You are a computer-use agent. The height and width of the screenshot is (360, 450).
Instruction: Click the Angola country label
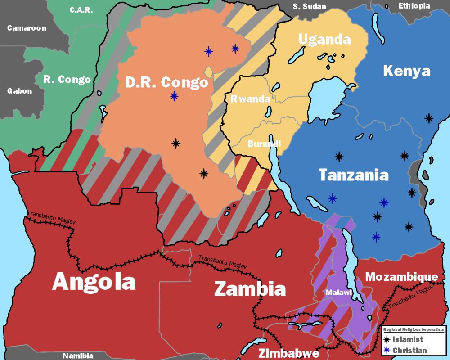94,282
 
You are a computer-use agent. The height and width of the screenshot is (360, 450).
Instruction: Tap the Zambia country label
250,288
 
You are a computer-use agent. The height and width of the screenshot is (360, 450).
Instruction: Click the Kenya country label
406,71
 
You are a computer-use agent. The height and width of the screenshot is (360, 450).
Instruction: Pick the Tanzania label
353,175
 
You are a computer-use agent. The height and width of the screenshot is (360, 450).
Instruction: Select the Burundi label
264,144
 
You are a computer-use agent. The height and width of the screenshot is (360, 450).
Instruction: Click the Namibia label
78,355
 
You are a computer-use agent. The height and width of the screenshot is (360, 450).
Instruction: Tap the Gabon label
19,90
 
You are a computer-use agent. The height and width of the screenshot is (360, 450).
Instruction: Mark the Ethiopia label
414,6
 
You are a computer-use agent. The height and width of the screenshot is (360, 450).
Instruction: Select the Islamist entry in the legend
408,339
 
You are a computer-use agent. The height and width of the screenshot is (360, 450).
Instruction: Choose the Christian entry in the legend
409,350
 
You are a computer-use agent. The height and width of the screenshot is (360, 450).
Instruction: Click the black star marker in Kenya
429,118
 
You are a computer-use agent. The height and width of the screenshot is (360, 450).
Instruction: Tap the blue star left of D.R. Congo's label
174,96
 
